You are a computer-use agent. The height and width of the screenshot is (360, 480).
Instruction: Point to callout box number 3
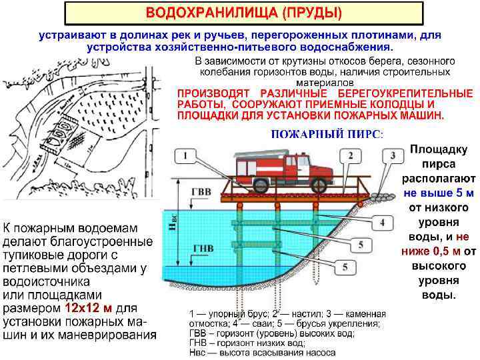pos(394,156)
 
